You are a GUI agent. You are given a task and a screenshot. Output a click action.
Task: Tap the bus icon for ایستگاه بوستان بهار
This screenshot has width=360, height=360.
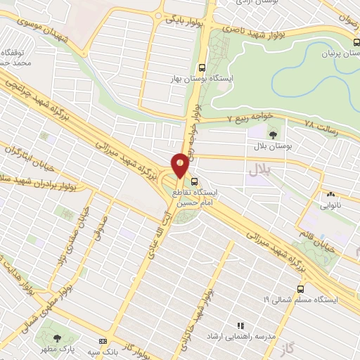pyautogui.click(x=202, y=68)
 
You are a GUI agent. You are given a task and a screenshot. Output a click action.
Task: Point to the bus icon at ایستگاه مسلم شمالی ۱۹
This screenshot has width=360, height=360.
pyautogui.click(x=301, y=288)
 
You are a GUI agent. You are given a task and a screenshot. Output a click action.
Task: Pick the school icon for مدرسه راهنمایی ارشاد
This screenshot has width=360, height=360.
pyautogui.click(x=240, y=326)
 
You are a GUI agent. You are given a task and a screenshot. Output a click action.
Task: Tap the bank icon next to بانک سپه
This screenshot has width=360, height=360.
pyautogui.click(x=103, y=341)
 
